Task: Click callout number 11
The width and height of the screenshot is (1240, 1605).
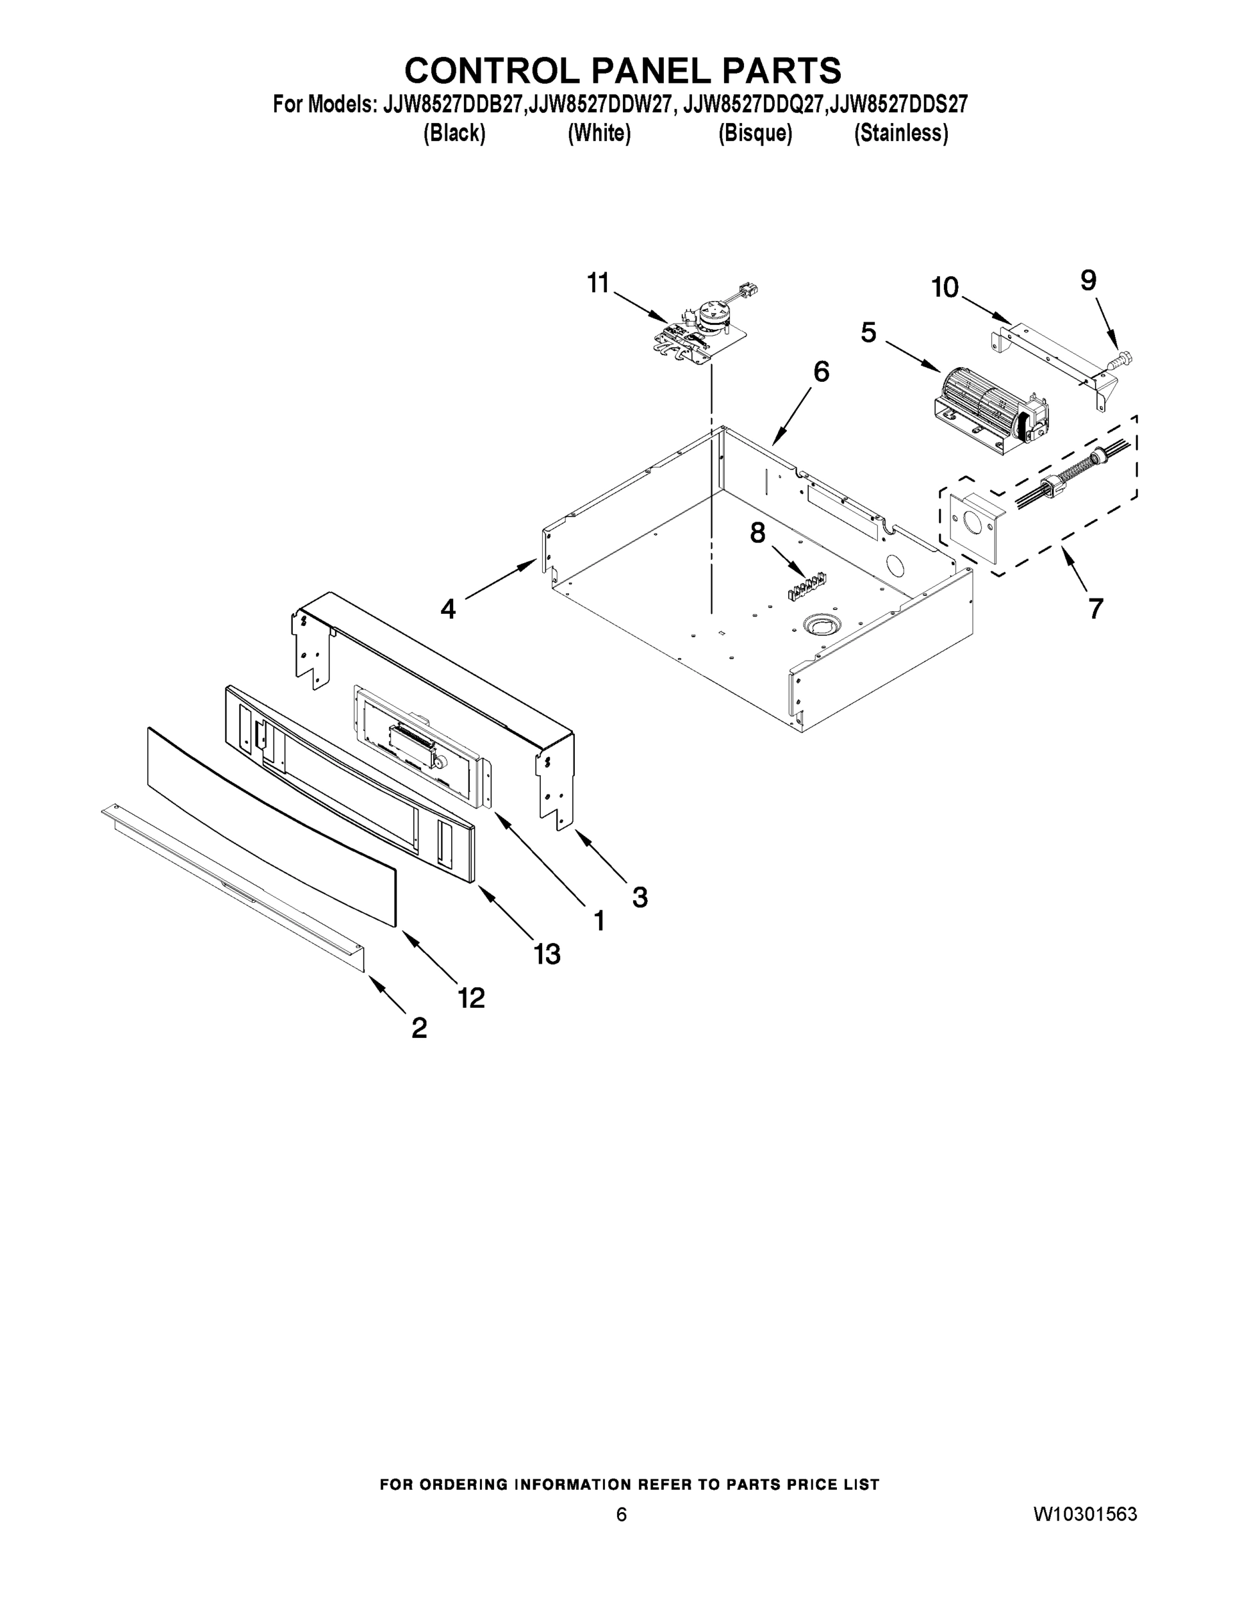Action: click(598, 283)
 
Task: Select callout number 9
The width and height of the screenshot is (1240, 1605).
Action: click(1088, 280)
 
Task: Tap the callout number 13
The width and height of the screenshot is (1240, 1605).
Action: click(547, 954)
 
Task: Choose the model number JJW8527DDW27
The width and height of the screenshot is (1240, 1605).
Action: click(600, 105)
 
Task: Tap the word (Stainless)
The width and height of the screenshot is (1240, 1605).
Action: click(900, 133)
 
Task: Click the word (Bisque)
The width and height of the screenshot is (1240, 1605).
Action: click(755, 133)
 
